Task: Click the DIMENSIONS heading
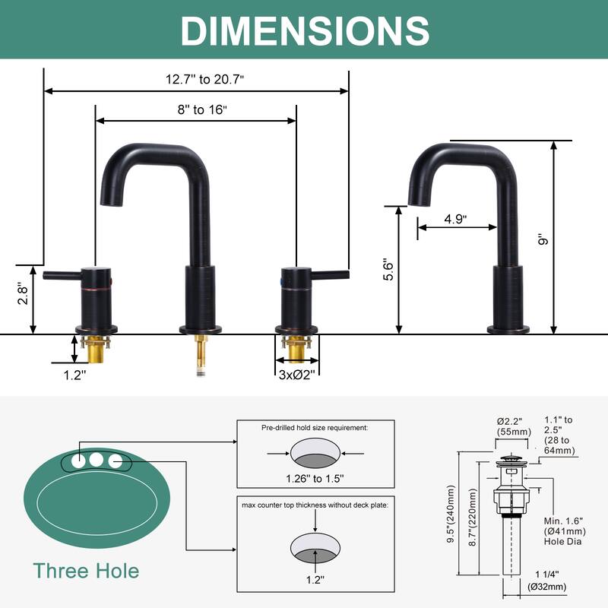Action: tap(305, 31)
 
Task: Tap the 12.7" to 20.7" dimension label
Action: tap(204, 80)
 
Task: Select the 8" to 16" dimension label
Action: tap(202, 109)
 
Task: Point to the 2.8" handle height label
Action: tap(24, 295)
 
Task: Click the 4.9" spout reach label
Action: tap(455, 219)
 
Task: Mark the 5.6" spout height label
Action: tap(388, 269)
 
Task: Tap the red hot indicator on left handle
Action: tap(110, 281)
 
